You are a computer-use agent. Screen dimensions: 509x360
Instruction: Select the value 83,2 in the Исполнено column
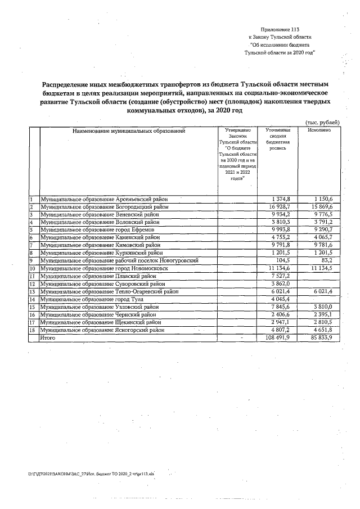pyautogui.click(x=327, y=261)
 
